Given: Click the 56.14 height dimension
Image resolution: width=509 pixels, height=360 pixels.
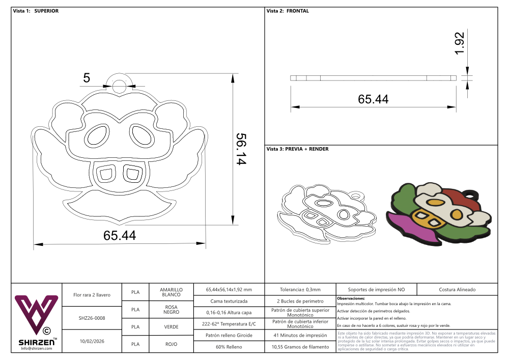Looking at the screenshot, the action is pos(241,149).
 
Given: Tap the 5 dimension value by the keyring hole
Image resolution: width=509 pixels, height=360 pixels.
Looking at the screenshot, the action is pos(87,78).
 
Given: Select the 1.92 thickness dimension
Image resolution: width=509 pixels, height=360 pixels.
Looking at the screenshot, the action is pos(460,43).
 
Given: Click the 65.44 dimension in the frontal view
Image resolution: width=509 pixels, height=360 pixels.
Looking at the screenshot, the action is pos(373,99).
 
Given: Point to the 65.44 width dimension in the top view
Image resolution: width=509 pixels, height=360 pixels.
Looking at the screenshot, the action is pos(120,235).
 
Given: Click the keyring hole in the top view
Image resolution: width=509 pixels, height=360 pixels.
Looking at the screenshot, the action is pos(120,86).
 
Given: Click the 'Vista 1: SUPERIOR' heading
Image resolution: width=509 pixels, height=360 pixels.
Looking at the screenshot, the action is pos(36,11).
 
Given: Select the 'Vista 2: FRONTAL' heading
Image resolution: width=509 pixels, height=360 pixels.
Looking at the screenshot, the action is pos(288,11).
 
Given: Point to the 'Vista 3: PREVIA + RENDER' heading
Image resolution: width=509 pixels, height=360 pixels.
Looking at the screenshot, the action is pos(297,149).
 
